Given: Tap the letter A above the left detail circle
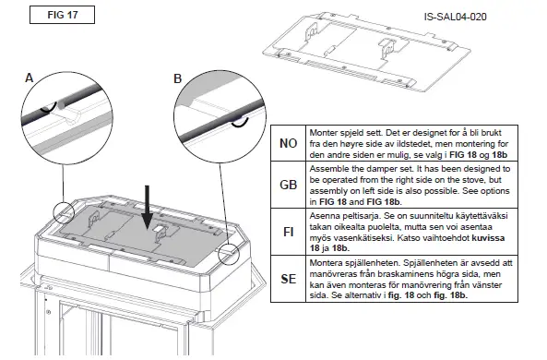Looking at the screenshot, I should pyautogui.click(x=30, y=79).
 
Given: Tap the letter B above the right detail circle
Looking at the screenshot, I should pyautogui.click(x=178, y=79).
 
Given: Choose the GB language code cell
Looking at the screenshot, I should pyautogui.click(x=287, y=185).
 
